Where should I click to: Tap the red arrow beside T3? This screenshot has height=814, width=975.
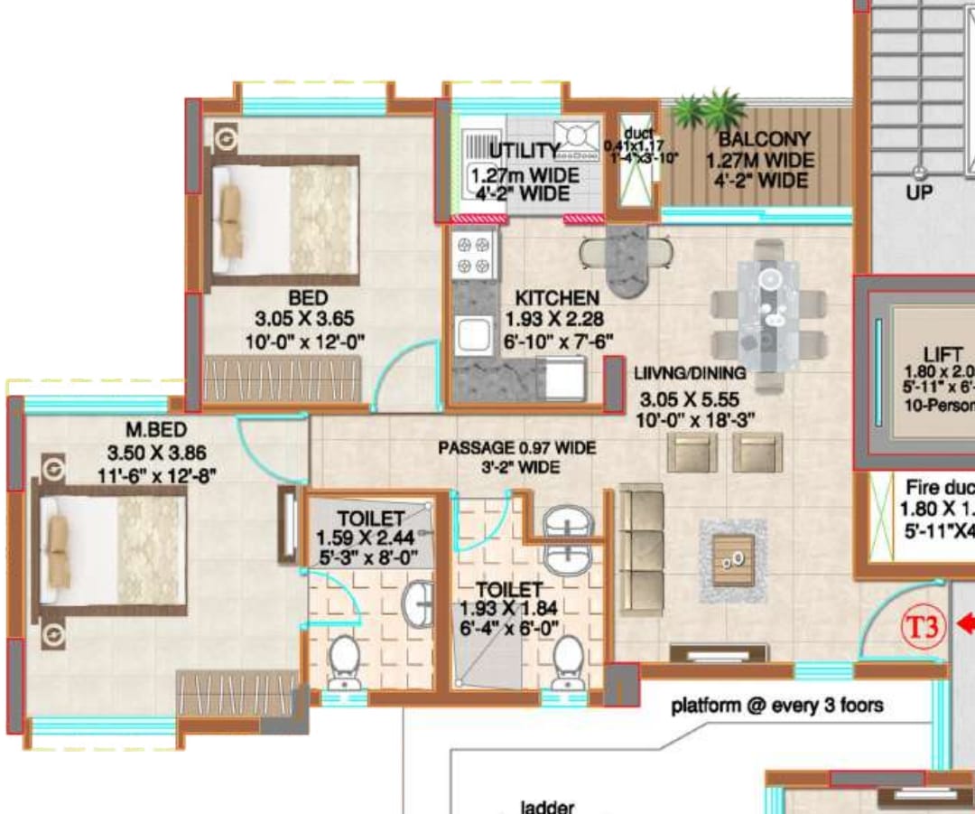964,623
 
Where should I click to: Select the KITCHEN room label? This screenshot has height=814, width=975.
556,298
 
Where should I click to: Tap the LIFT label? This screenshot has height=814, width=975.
942,354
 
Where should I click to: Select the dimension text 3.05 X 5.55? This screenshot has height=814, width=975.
691,398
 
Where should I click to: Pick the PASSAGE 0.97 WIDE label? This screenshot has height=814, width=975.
516,448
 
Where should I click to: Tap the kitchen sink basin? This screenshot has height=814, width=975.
472,335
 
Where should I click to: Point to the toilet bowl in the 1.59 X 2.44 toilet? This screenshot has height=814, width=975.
344,660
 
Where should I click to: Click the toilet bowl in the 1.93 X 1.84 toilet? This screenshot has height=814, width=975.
568,660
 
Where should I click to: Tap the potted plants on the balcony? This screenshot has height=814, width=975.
711,111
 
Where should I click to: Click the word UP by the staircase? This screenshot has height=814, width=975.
919,192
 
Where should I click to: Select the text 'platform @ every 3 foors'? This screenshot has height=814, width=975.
776,706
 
